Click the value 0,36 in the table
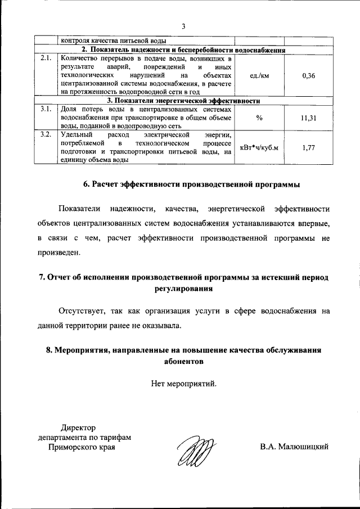coord(308,76)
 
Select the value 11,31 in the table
coord(308,118)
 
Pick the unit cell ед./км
coord(259,76)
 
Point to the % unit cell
coord(259,118)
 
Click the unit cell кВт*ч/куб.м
coord(259,147)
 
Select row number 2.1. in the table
coord(46,57)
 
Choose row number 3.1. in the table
coord(46,109)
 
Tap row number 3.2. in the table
coord(46,135)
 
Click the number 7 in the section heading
coord(41,278)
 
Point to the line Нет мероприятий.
coord(183,384)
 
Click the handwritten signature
coord(194,450)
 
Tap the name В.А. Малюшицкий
coord(294,447)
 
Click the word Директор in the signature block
coord(79,428)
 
